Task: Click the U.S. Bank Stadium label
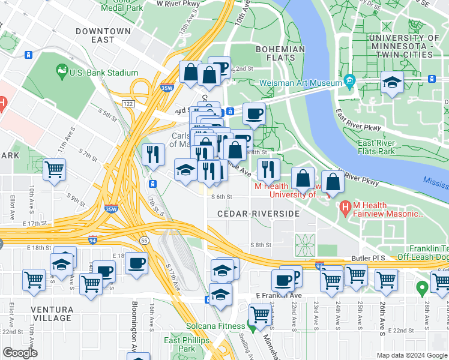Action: coord(104,73)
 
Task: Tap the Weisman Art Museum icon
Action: coord(349,81)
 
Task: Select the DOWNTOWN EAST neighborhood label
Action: coord(103,35)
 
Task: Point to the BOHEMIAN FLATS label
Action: coord(276,53)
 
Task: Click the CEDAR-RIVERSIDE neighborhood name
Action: coord(258,214)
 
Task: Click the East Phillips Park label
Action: coord(179,344)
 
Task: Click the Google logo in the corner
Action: coord(20,353)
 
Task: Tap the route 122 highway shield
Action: coord(127,104)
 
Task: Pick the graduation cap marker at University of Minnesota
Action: coord(392,83)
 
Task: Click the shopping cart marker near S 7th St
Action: coord(55,169)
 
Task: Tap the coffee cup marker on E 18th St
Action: coord(137,262)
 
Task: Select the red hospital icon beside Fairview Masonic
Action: coord(345,209)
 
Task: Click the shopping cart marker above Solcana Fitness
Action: coord(260,313)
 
